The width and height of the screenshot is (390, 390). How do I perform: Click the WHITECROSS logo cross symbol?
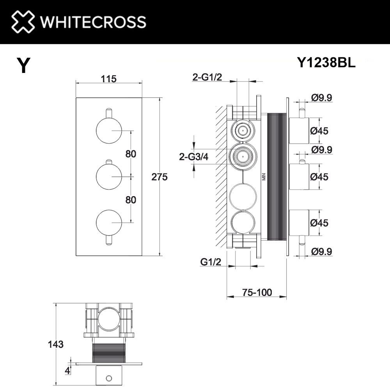pos(23,21)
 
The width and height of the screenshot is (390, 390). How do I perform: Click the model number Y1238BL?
pos(326,62)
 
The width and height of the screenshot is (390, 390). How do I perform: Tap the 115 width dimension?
pos(109,79)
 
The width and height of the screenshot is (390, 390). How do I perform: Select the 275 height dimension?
pos(160,177)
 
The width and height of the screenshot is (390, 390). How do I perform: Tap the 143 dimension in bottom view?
pos(57,344)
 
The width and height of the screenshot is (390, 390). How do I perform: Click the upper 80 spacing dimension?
pos(131,154)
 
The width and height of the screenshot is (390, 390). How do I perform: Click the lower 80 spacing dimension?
pos(131,200)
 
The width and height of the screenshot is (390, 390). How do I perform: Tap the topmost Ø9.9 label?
pos(322,98)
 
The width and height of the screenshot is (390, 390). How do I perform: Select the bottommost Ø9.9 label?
pos(322,252)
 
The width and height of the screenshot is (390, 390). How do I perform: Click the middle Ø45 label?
pos(319,177)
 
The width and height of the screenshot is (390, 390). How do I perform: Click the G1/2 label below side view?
pos(211,262)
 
